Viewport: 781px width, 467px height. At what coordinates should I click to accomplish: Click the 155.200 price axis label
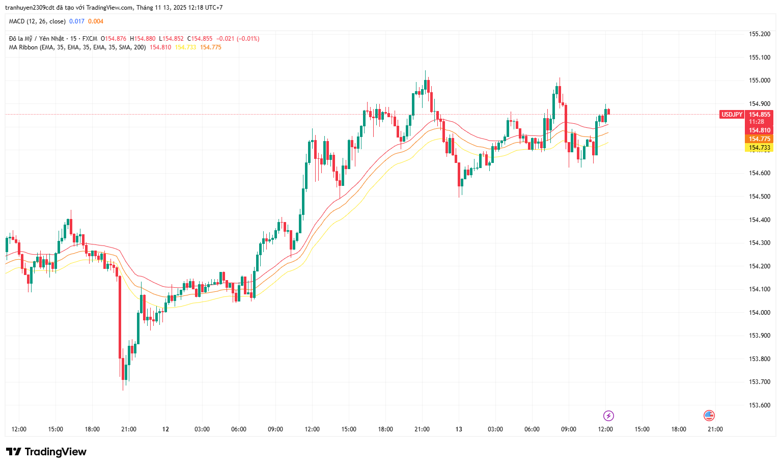click(x=759, y=34)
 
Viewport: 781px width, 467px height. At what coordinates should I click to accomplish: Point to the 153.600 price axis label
click(x=759, y=405)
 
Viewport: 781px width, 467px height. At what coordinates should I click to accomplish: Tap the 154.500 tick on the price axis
click(x=759, y=197)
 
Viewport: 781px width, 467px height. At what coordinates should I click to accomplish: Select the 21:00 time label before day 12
click(x=129, y=429)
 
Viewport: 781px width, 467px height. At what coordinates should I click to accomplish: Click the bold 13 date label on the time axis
click(x=459, y=429)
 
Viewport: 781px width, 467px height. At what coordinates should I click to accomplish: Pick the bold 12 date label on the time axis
click(x=165, y=429)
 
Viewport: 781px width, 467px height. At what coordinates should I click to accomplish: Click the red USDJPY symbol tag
click(x=732, y=115)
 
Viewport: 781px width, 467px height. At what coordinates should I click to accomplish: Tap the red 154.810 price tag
click(x=759, y=130)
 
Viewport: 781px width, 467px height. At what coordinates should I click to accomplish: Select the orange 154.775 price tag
click(x=759, y=139)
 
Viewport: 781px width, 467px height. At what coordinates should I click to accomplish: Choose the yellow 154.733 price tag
click(x=759, y=148)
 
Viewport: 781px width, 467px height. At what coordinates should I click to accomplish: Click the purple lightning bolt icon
click(x=608, y=416)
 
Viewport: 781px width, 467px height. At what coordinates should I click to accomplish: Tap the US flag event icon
click(x=709, y=416)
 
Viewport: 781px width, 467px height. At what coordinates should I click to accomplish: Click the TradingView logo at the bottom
click(x=46, y=452)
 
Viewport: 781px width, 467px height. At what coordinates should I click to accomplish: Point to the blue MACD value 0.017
click(x=77, y=21)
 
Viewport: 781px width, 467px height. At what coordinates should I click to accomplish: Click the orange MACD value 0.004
click(x=96, y=21)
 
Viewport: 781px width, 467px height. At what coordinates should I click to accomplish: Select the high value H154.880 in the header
click(x=143, y=39)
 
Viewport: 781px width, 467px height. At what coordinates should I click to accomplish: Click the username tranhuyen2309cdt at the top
click(x=30, y=8)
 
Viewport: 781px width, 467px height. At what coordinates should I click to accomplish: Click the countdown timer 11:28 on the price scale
click(x=757, y=122)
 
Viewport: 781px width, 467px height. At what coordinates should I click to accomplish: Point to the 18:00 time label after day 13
click(x=679, y=429)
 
